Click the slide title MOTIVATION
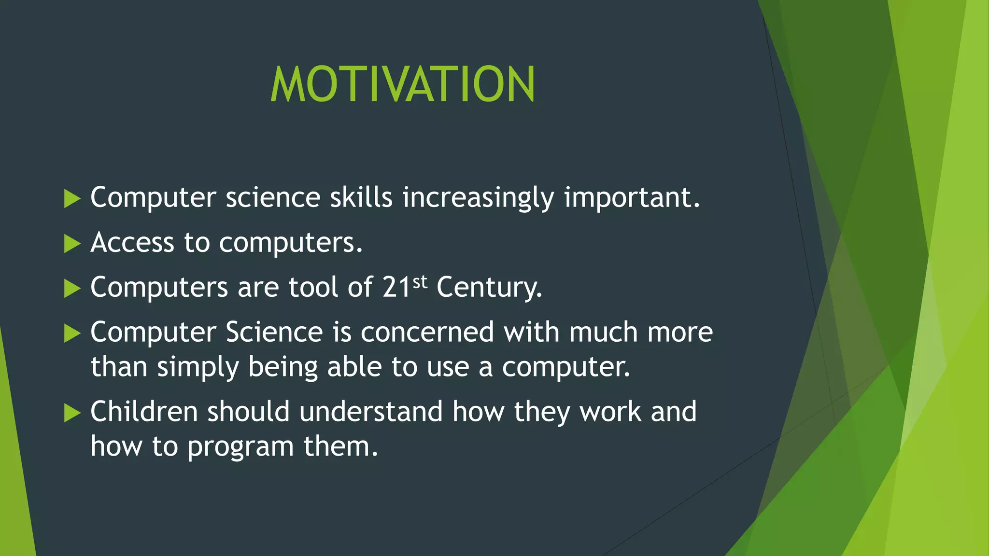pyautogui.click(x=402, y=84)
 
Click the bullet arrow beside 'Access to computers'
pyautogui.click(x=72, y=244)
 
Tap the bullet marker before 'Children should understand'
pyautogui.click(x=72, y=413)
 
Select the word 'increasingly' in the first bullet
pyautogui.click(x=478, y=198)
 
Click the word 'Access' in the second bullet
pyautogui.click(x=132, y=242)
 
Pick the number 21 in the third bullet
pyautogui.click(x=396, y=287)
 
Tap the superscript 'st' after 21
pyautogui.click(x=420, y=281)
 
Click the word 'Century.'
pyautogui.click(x=489, y=288)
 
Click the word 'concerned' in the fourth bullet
pyautogui.click(x=427, y=333)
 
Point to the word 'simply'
pyautogui.click(x=198, y=368)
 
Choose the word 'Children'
pyautogui.click(x=144, y=412)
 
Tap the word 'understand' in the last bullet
pyautogui.click(x=371, y=412)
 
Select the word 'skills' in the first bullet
pyautogui.click(x=361, y=197)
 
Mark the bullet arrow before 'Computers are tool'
pyautogui.click(x=72, y=289)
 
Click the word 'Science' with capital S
pyautogui.click(x=274, y=333)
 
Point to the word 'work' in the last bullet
pyautogui.click(x=610, y=412)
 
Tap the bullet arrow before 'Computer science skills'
pyautogui.click(x=72, y=199)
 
